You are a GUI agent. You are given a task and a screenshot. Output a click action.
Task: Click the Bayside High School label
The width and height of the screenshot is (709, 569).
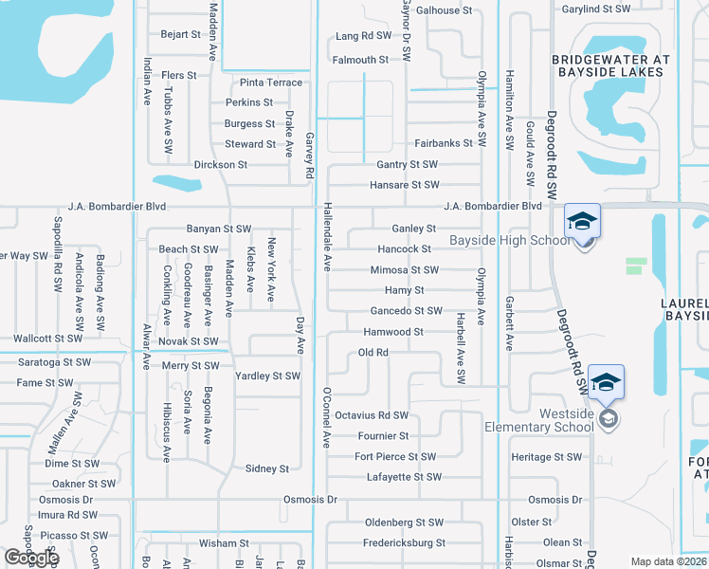(510, 240)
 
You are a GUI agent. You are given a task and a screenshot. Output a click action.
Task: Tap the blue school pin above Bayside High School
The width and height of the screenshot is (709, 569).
(582, 222)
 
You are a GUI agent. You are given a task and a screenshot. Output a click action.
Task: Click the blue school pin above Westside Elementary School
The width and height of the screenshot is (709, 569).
(607, 382)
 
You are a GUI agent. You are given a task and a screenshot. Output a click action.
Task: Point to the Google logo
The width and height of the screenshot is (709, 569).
(31, 558)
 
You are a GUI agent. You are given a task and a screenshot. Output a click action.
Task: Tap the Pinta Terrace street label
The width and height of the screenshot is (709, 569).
(271, 83)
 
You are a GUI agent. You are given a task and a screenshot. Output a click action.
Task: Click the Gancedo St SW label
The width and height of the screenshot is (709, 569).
(406, 310)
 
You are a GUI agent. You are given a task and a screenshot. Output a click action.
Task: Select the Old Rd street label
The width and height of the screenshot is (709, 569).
(373, 353)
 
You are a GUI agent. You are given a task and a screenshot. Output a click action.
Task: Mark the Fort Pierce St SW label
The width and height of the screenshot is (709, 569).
(395, 456)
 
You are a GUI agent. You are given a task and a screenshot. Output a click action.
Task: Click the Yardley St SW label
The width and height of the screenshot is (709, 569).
(267, 376)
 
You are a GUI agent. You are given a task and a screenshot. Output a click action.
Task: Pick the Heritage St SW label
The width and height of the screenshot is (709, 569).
(546, 457)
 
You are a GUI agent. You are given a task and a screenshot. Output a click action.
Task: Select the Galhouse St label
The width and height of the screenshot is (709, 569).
(443, 10)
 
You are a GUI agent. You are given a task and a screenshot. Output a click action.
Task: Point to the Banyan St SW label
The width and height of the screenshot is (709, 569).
(218, 229)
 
